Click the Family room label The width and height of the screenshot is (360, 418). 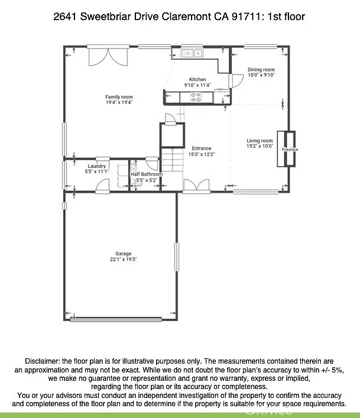tap(119, 97)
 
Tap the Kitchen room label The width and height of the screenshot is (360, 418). tap(197, 79)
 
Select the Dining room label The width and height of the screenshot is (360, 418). tap(261, 70)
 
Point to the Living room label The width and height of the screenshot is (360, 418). tap(260, 141)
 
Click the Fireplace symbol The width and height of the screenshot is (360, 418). tap(290, 149)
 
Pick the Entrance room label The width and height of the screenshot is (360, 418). tap(201, 148)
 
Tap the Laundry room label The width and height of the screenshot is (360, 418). tap(96, 166)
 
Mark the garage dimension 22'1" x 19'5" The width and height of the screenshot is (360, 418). tap(124, 259)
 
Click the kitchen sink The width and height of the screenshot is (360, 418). tap(192, 53)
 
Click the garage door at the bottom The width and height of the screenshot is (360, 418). tap(124, 319)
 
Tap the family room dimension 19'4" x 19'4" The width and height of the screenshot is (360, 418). tap(119, 102)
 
